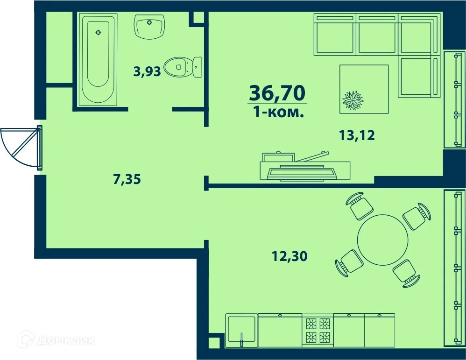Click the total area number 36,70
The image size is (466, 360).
tap(278, 93)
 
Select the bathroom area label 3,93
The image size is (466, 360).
tap(147, 71)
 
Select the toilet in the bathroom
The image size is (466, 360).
tap(183, 67)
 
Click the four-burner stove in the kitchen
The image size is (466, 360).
tap(318, 329)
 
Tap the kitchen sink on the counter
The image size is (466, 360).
tap(241, 330)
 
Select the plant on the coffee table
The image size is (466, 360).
tap(353, 99)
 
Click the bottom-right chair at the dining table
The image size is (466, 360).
tap(406, 273)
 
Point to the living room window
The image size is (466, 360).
tap(454, 100)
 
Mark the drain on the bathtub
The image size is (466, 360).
tap(98, 32)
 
